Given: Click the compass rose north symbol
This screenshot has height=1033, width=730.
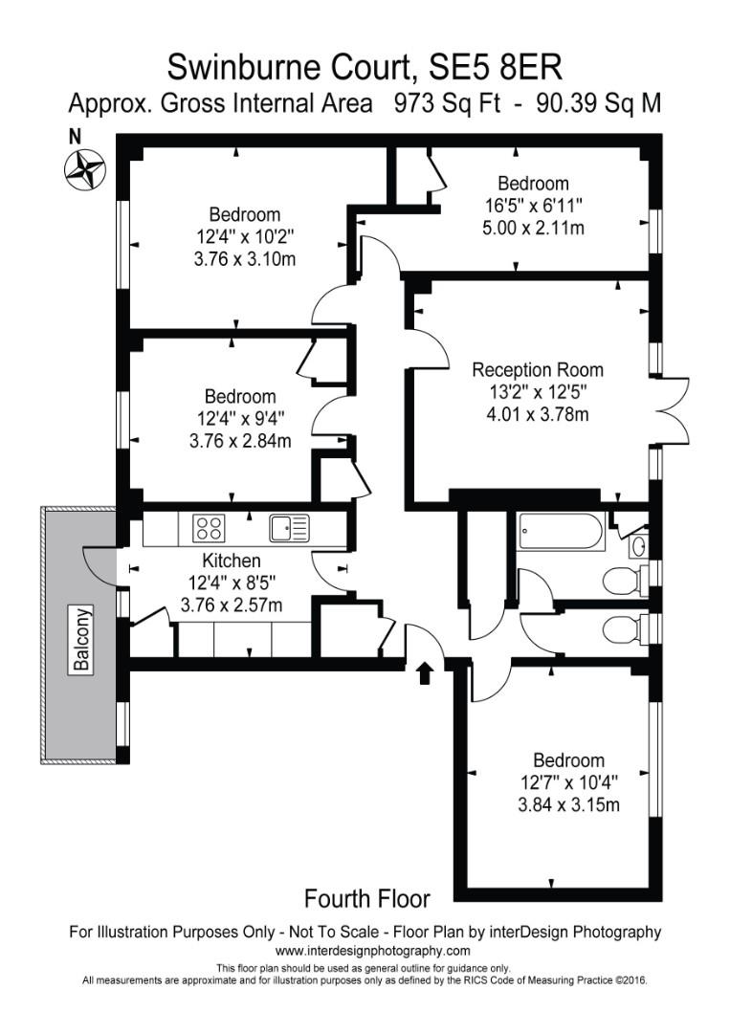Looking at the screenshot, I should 84,168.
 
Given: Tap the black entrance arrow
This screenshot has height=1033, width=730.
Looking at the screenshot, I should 426,673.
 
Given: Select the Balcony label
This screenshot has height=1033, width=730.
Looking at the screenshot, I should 83,640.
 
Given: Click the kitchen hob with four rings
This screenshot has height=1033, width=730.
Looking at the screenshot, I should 208,528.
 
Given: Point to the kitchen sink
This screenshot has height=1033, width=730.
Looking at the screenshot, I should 288,528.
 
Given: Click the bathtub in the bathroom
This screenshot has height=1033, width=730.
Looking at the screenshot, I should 561,532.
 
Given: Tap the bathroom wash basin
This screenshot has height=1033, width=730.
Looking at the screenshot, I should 638,546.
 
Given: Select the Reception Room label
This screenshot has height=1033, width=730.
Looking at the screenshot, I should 538,370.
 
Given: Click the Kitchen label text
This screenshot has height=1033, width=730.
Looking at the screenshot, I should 231,560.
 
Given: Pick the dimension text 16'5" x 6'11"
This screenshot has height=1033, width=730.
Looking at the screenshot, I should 533,206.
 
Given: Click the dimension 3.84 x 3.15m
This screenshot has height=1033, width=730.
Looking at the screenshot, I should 568,804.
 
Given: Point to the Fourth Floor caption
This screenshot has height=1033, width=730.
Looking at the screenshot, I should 366,898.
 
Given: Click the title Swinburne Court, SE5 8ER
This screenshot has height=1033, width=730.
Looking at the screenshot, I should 365,67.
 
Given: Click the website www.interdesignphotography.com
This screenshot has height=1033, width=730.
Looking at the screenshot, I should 372,951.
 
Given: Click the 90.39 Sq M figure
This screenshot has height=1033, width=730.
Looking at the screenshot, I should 599,103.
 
